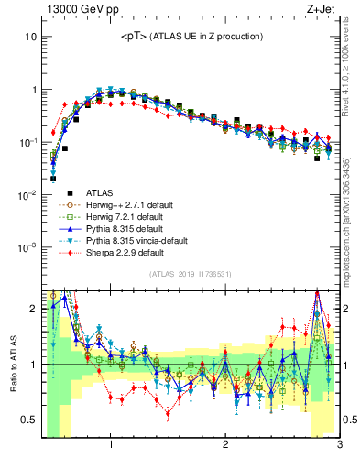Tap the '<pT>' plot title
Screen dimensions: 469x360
(191, 36)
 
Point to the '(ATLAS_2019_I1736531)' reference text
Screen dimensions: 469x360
(191, 274)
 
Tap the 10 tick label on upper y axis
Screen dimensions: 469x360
(30, 37)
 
